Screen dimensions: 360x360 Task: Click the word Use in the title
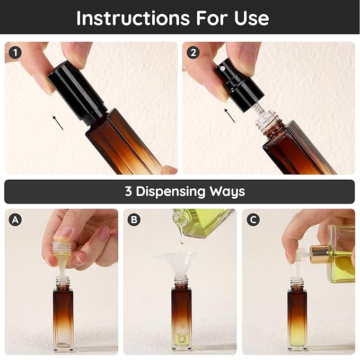251,18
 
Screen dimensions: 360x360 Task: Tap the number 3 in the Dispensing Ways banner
128,191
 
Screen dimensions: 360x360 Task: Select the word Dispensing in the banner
170,192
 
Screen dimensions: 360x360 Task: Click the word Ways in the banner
227,192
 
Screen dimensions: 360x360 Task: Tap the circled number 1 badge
15,53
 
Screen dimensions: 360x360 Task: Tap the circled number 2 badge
193,53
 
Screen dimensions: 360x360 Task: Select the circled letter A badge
15,219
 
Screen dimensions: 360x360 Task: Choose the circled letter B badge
134,219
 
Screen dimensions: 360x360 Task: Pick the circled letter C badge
253,219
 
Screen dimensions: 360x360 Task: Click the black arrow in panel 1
58,123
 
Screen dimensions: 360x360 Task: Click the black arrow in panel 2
230,116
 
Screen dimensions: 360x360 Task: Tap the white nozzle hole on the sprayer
222,68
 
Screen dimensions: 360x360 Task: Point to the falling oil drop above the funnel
182,240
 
